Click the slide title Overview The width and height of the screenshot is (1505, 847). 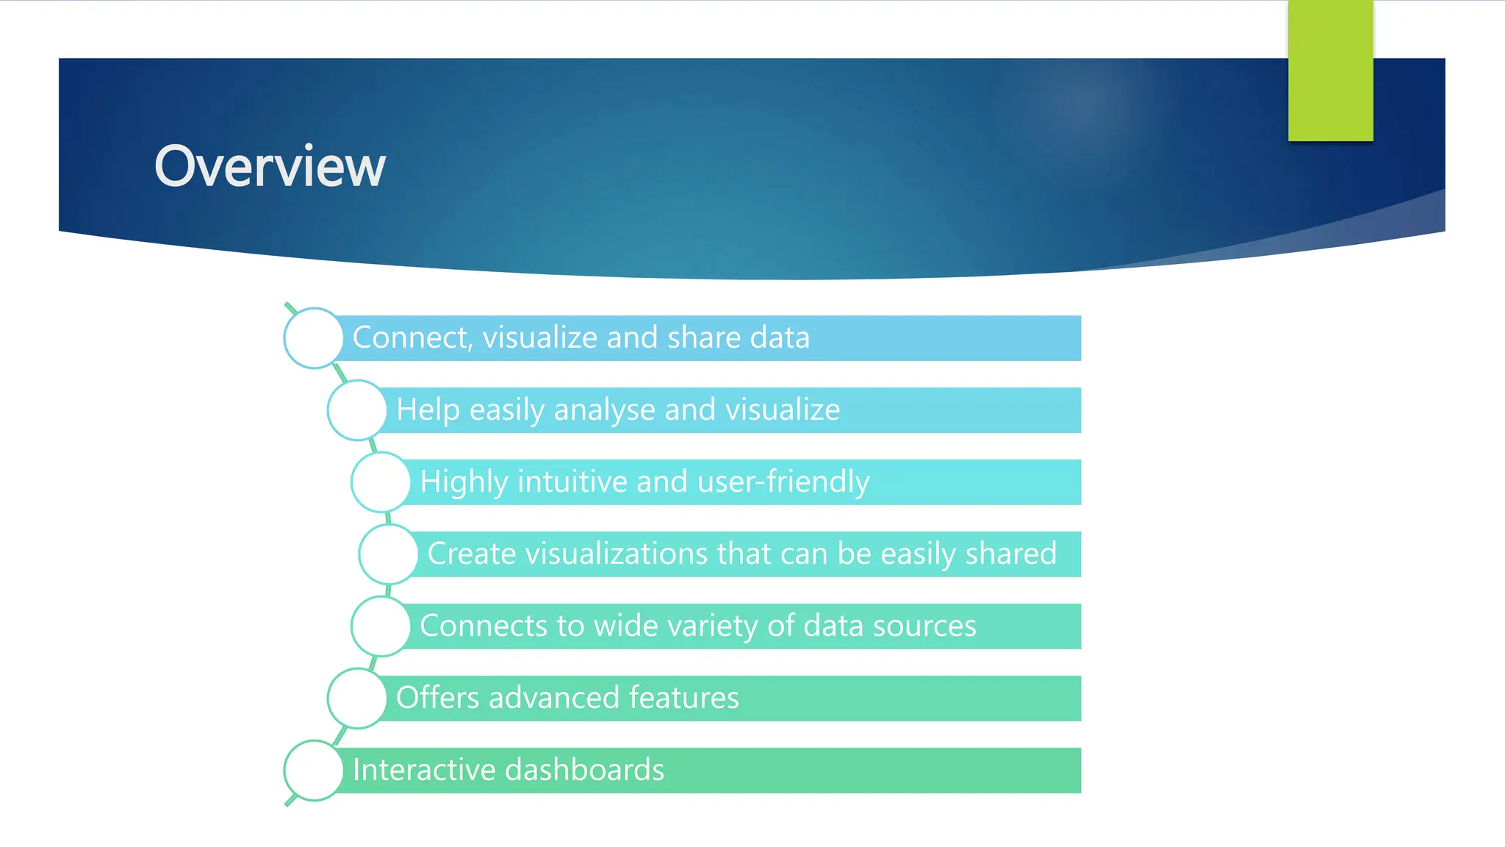270,167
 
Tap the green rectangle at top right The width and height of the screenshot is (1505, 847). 1330,71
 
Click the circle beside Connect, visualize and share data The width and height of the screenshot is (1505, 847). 314,338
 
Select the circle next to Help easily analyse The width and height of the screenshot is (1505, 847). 357,410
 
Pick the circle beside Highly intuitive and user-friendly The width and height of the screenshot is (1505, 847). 381,482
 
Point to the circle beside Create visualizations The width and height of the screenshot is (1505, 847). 389,554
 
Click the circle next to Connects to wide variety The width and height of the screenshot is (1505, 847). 381,626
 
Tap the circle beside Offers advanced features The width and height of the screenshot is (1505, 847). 357,698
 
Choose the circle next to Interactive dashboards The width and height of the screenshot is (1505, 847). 314,771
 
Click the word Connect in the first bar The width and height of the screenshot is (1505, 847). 412,338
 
